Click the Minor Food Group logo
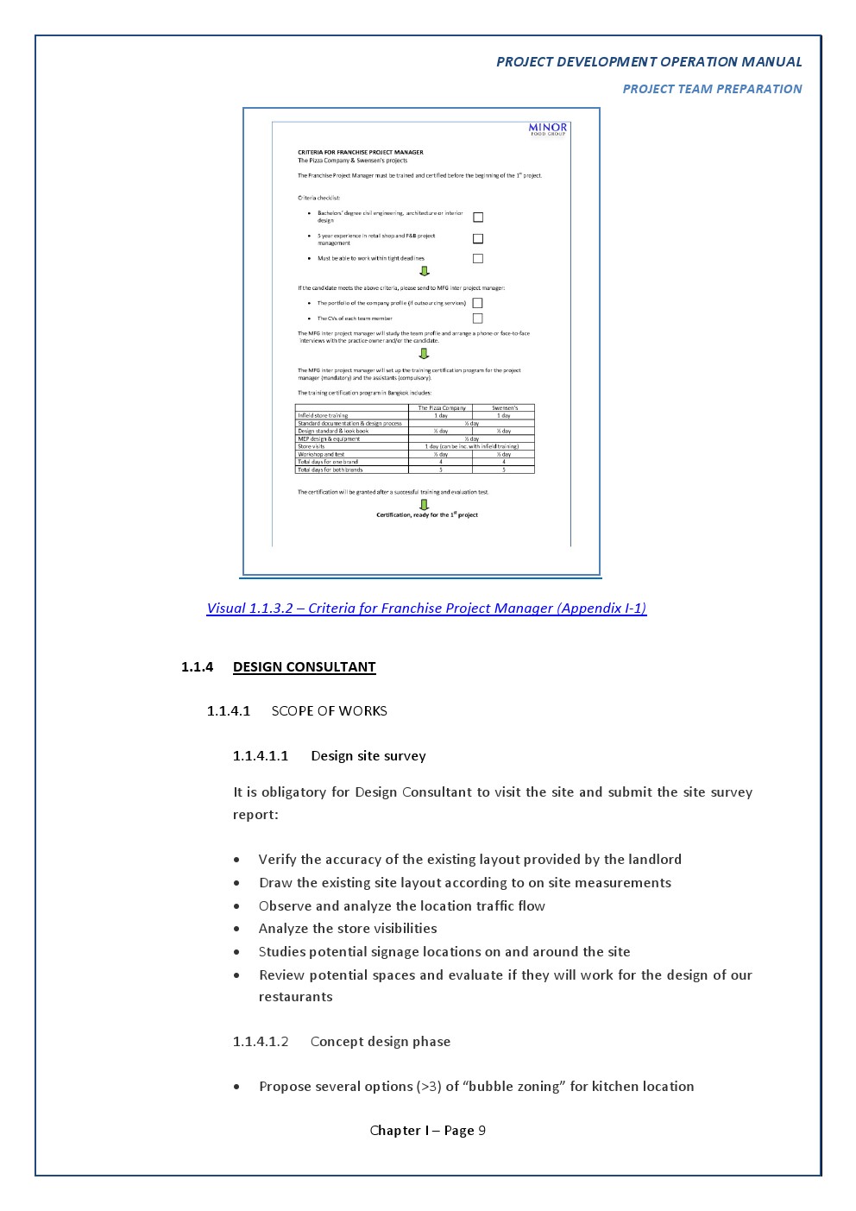pos(548,129)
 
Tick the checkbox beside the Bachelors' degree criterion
pos(478,218)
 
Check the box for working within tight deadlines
pos(478,259)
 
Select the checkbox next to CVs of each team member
pos(477,319)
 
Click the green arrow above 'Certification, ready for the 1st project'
pos(424,504)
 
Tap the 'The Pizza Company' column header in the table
pos(441,407)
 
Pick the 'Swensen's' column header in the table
pos(505,407)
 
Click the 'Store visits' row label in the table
pos(312,446)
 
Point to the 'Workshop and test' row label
pos(321,454)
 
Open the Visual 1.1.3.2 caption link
pos(426,609)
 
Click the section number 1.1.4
pos(197,667)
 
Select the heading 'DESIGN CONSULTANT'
pos(304,667)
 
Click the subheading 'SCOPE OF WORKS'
pos(329,711)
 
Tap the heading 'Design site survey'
pos(368,756)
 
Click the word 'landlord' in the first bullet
pos(653,860)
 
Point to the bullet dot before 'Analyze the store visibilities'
pos(236,930)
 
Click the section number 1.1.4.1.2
pos(261,1042)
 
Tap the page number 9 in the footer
pos(481,1131)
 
